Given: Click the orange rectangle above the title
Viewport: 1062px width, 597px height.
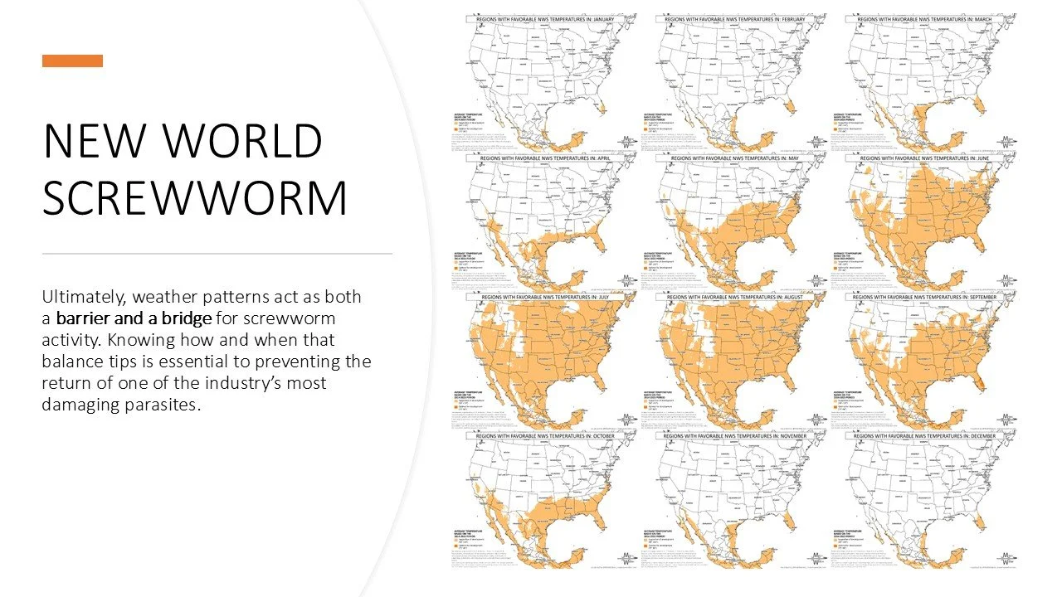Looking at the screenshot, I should [x=72, y=61].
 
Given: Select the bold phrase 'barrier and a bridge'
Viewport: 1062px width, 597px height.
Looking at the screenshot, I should [x=134, y=318].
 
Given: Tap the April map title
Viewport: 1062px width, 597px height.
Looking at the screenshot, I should [x=543, y=157].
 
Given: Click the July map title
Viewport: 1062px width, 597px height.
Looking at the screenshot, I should [x=543, y=296].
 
